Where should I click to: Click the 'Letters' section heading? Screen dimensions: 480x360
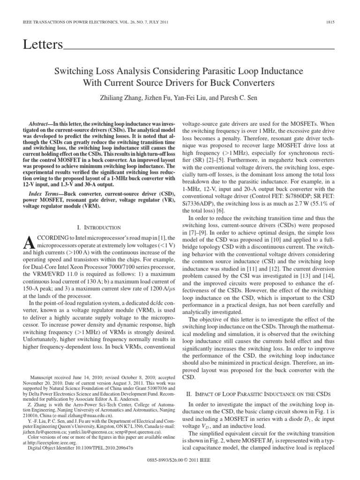pos(43,45)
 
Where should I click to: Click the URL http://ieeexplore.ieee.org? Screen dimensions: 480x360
pos(52,455)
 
